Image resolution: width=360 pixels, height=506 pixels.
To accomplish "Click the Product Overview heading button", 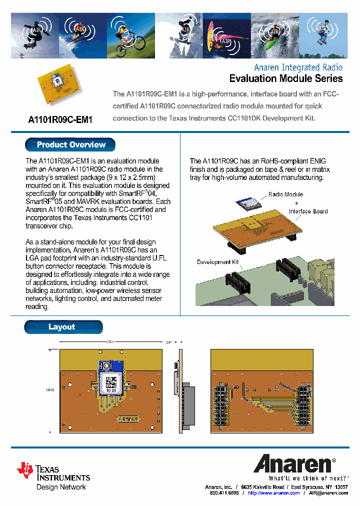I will (70, 145).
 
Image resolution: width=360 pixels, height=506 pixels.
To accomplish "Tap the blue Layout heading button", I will (63, 327).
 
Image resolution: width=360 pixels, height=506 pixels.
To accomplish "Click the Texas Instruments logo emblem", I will (25, 470).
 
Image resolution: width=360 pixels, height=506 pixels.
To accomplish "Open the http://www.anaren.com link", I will (273, 493).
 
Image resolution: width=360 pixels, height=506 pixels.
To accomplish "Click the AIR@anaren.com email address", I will (328, 493).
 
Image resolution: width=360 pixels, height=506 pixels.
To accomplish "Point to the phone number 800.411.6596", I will (224, 493).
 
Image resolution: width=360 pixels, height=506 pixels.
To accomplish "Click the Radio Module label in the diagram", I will (285, 194).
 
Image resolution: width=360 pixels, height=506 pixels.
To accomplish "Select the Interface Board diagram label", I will (308, 211).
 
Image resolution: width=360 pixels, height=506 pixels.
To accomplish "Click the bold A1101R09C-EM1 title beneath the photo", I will (60, 120).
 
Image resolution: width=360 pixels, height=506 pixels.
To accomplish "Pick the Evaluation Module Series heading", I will (285, 78).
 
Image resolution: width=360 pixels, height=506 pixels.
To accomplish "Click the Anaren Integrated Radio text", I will (298, 67).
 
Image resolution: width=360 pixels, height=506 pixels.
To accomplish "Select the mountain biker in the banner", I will (125, 40).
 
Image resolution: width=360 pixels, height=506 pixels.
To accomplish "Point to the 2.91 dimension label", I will (168, 342).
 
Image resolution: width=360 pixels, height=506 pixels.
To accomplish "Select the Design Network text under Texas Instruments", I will (61, 487).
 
